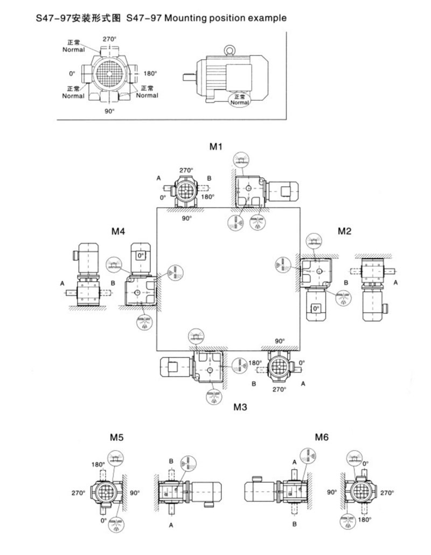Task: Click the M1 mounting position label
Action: click(x=216, y=147)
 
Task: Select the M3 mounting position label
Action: click(x=240, y=407)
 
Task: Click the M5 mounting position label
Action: click(x=117, y=438)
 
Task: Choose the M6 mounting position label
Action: click(x=322, y=437)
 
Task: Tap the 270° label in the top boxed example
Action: click(x=110, y=39)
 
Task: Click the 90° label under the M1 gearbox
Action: click(x=187, y=219)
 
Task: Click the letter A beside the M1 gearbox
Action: click(x=159, y=178)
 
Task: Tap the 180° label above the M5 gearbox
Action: click(x=98, y=464)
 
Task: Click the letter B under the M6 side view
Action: click(x=295, y=523)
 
